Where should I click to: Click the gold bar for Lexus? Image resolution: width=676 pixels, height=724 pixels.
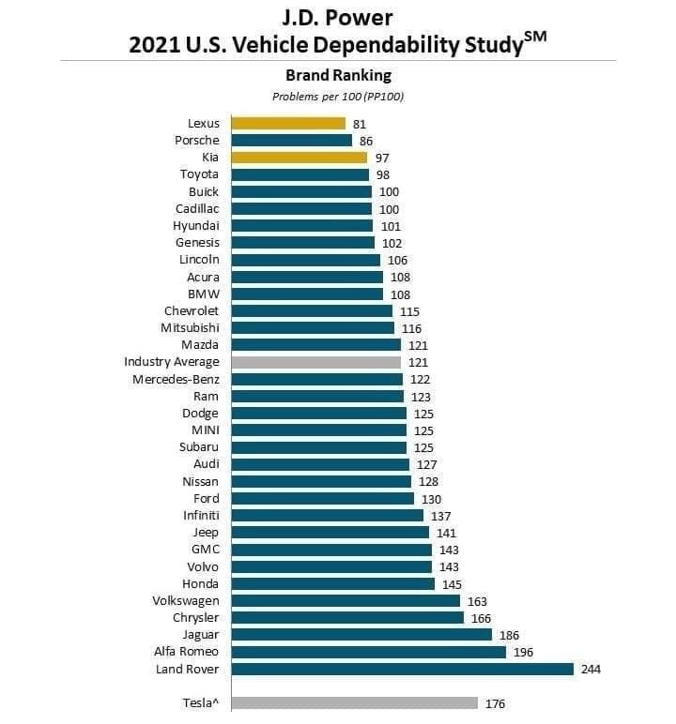click(x=288, y=123)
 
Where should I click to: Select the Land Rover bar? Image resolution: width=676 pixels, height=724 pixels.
click(x=402, y=669)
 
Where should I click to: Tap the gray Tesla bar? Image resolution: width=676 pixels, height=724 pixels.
click(x=355, y=703)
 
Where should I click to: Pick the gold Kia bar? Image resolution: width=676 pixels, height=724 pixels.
click(x=300, y=158)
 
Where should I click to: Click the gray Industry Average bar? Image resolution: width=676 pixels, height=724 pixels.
click(x=316, y=362)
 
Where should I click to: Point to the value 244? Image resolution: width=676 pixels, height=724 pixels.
click(x=590, y=669)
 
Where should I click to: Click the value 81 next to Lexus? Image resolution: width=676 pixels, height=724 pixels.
click(x=360, y=123)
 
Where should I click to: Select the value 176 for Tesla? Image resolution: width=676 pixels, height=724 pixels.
click(x=495, y=703)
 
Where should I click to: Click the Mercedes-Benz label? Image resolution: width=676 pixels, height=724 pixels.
click(x=176, y=379)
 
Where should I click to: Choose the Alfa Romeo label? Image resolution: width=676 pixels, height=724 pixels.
click(x=186, y=652)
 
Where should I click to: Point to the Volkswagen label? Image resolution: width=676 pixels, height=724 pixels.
click(x=185, y=600)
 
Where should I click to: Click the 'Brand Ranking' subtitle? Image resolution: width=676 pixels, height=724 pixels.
click(x=337, y=75)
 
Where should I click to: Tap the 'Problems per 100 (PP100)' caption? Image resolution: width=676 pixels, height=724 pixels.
click(x=337, y=96)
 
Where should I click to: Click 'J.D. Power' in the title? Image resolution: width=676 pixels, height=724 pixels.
click(x=337, y=17)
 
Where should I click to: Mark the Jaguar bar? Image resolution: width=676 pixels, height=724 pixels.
click(x=361, y=635)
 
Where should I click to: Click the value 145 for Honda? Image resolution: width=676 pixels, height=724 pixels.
click(x=451, y=583)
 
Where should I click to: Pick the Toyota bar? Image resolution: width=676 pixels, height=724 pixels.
click(x=300, y=174)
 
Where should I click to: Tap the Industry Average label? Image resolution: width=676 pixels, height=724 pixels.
click(x=171, y=362)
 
